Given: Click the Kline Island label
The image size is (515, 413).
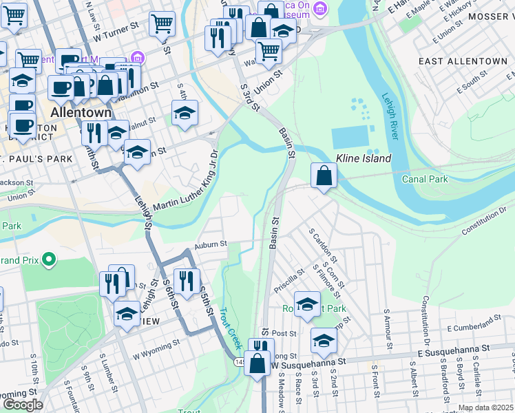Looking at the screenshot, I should coord(364,158).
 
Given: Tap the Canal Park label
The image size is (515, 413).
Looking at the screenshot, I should coord(425,180).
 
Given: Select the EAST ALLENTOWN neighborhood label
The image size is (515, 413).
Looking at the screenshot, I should coord(463,61).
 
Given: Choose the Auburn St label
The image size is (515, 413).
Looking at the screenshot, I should coord(210,244).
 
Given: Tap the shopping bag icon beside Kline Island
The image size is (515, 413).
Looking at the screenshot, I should coord(324,176).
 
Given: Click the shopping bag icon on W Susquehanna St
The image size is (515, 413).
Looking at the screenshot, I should coord(257,364).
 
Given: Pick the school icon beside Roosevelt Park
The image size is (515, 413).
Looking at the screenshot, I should coord(307,304).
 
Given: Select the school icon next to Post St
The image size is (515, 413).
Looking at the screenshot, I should coord(324,340).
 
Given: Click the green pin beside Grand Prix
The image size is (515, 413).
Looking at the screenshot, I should coord(48,260).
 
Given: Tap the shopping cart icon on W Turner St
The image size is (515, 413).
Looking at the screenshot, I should coord(162,24).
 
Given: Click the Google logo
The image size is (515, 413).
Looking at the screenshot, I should coord(23,405).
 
